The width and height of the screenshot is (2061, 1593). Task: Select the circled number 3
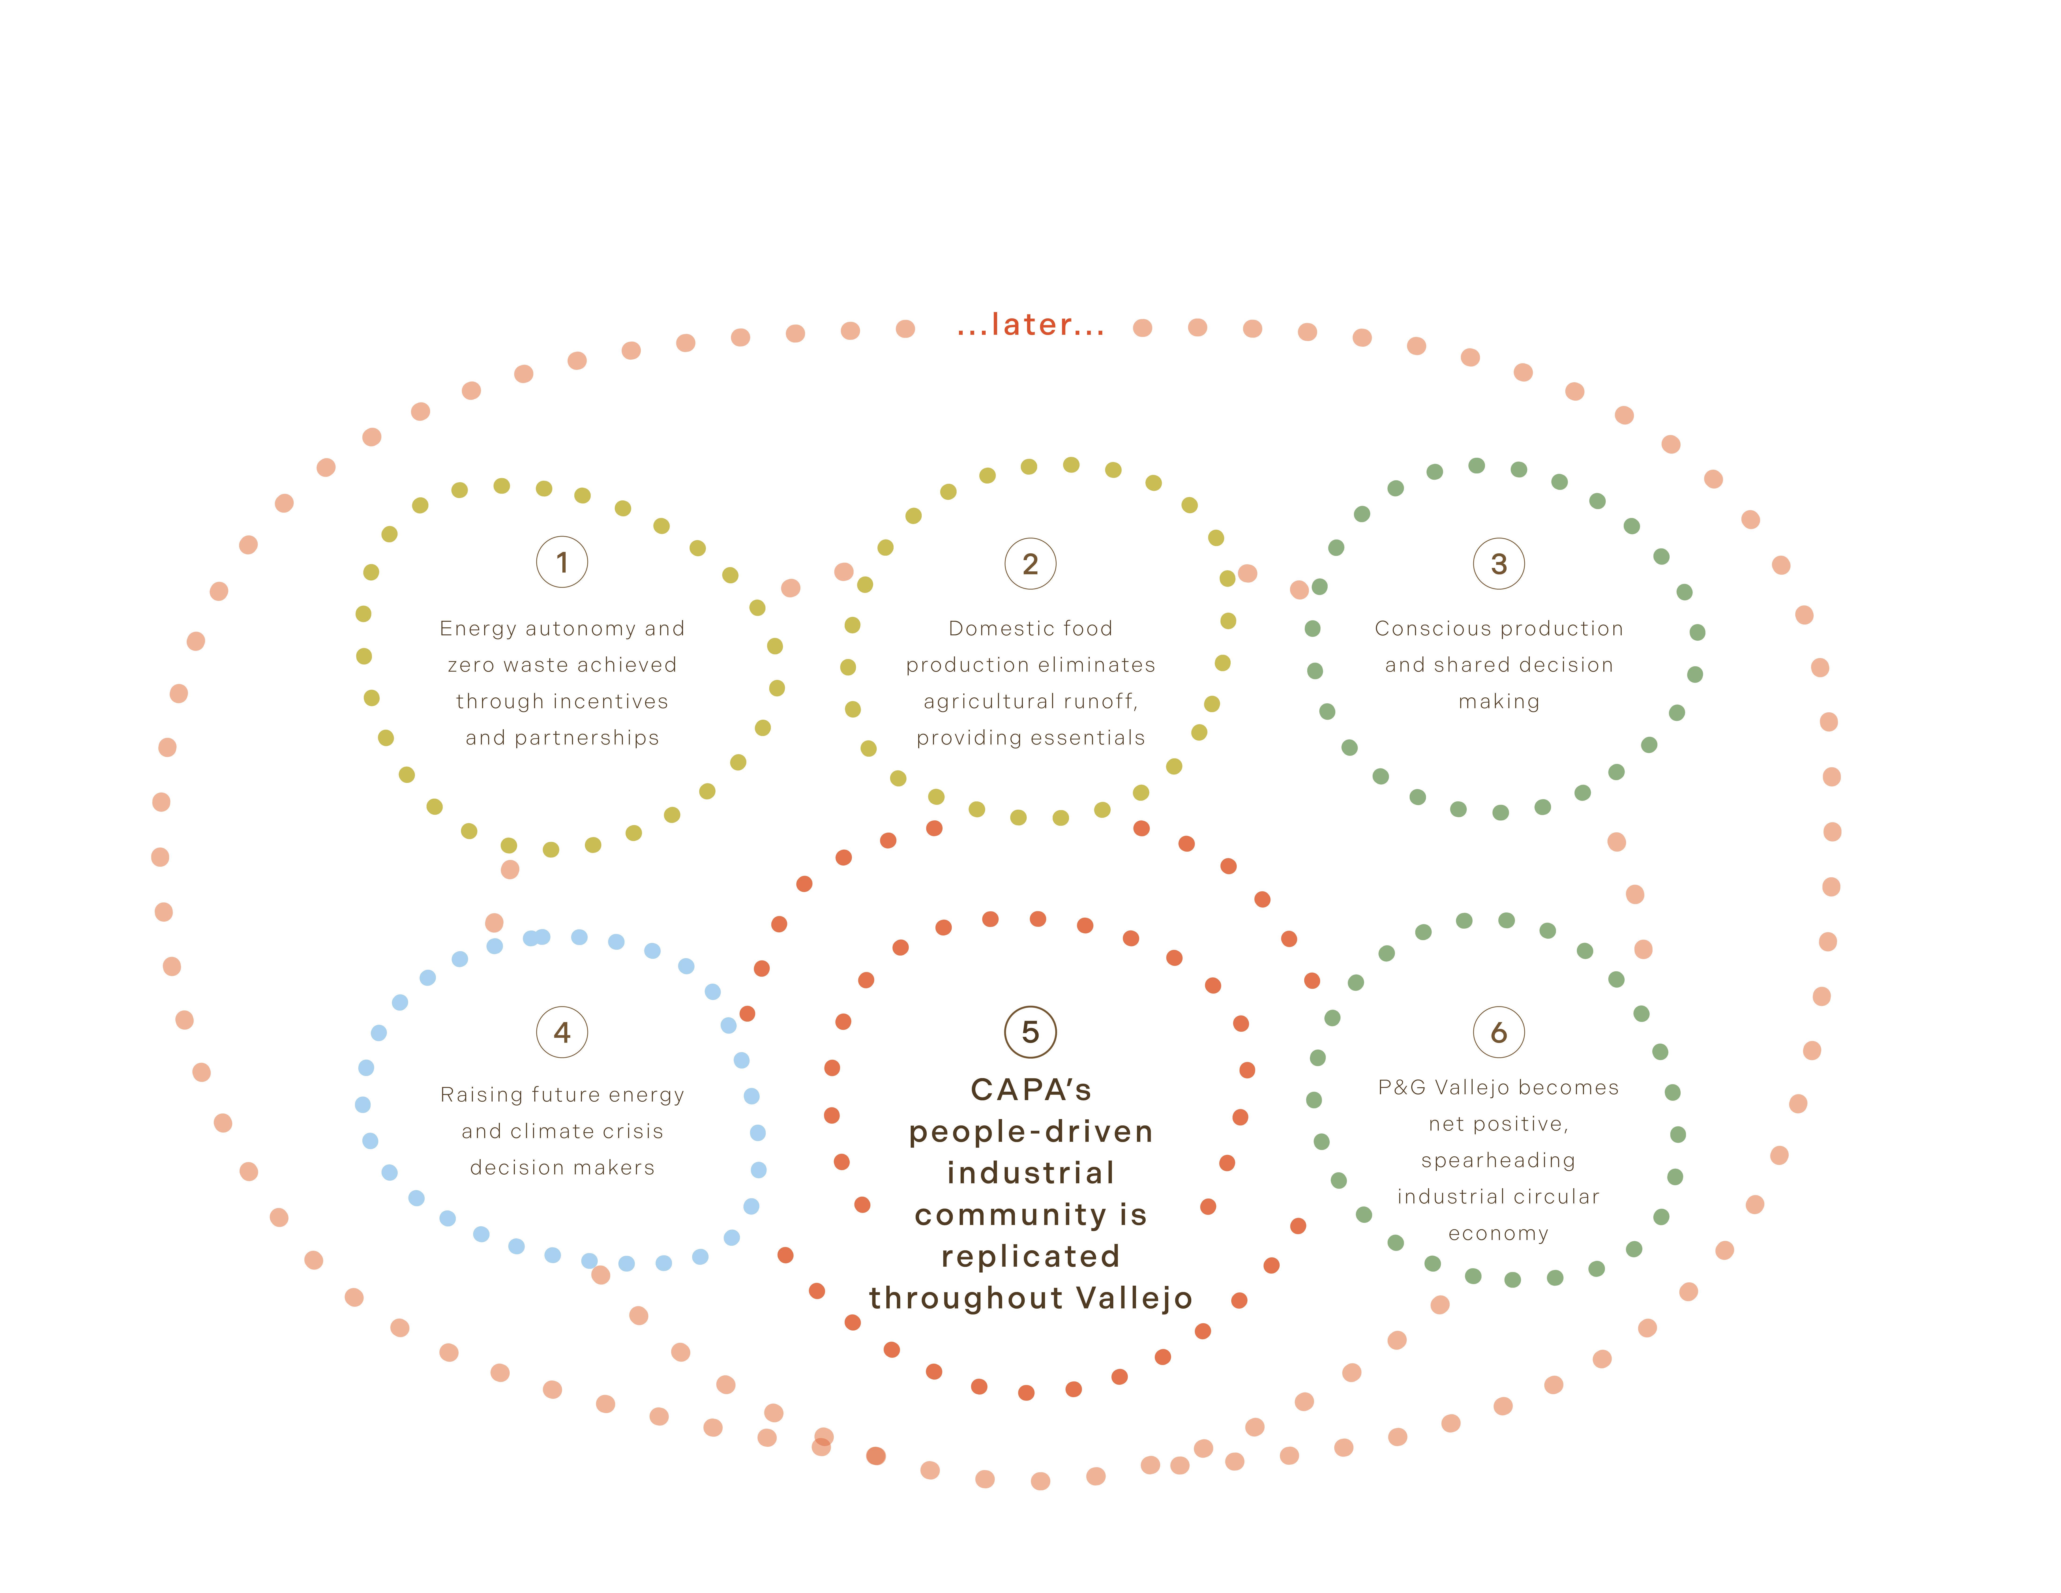point(1499,563)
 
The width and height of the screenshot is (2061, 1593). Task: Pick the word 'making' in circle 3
point(1499,702)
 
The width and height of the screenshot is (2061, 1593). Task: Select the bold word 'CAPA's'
point(1031,1090)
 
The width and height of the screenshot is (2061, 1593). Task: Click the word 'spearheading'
point(1499,1161)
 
